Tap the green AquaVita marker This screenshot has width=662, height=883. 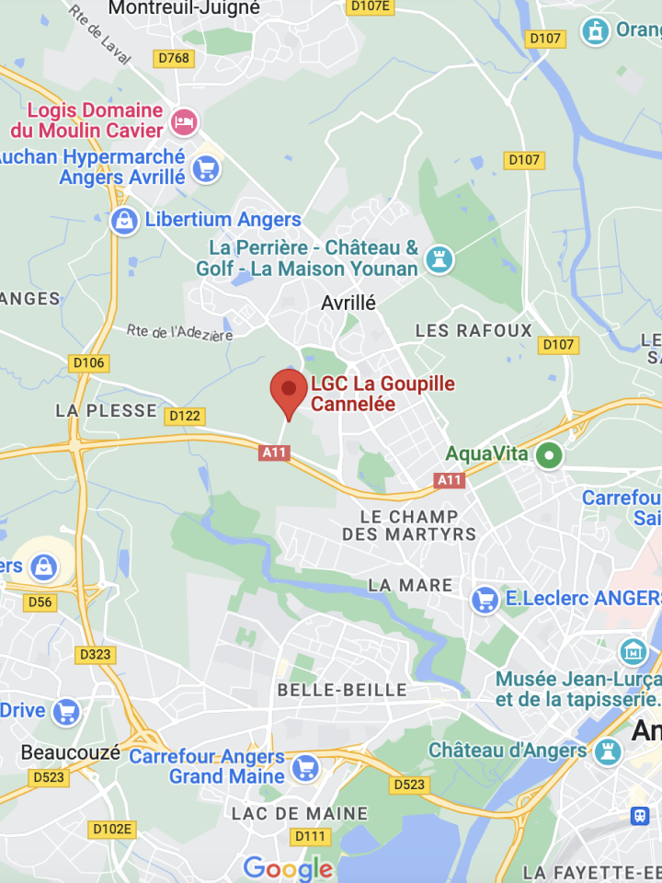550,454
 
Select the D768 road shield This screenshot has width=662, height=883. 174,59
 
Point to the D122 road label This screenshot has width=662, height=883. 185,417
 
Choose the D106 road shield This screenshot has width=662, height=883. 89,362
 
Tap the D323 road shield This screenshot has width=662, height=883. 95,655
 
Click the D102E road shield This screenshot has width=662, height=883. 112,829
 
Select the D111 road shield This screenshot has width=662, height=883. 310,836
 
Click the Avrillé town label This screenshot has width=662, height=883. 348,303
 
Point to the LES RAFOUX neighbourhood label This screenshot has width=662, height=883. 474,330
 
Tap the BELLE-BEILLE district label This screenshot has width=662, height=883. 342,690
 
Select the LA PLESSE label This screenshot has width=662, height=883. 106,411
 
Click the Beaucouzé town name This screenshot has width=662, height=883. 71,752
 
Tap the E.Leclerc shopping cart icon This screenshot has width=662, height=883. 485,600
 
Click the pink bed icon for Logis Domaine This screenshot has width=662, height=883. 186,121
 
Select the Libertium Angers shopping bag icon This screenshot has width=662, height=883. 123,221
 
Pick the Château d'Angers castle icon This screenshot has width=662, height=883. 608,751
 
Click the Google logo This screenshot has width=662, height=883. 288,868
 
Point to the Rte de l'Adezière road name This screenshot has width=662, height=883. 179,333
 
